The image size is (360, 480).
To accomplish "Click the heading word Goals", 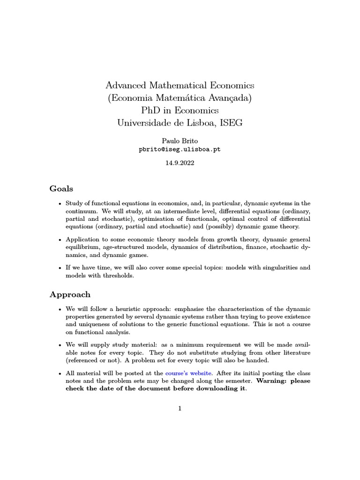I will pyautogui.click(x=61, y=189).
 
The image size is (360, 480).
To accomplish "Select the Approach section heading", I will pyautogui.click(x=70, y=295).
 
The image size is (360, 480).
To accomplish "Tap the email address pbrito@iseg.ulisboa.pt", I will pyautogui.click(x=180, y=149).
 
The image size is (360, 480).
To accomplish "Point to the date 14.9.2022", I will pyautogui.click(x=180, y=164).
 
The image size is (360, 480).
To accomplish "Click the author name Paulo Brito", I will pyautogui.click(x=180, y=141).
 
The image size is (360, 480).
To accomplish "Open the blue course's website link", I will pyautogui.click(x=189, y=373).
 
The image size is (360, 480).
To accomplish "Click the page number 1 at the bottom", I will pyautogui.click(x=180, y=408).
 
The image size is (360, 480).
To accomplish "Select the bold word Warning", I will pyautogui.click(x=272, y=381).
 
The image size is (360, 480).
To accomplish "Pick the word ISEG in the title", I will pyautogui.click(x=229, y=123).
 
